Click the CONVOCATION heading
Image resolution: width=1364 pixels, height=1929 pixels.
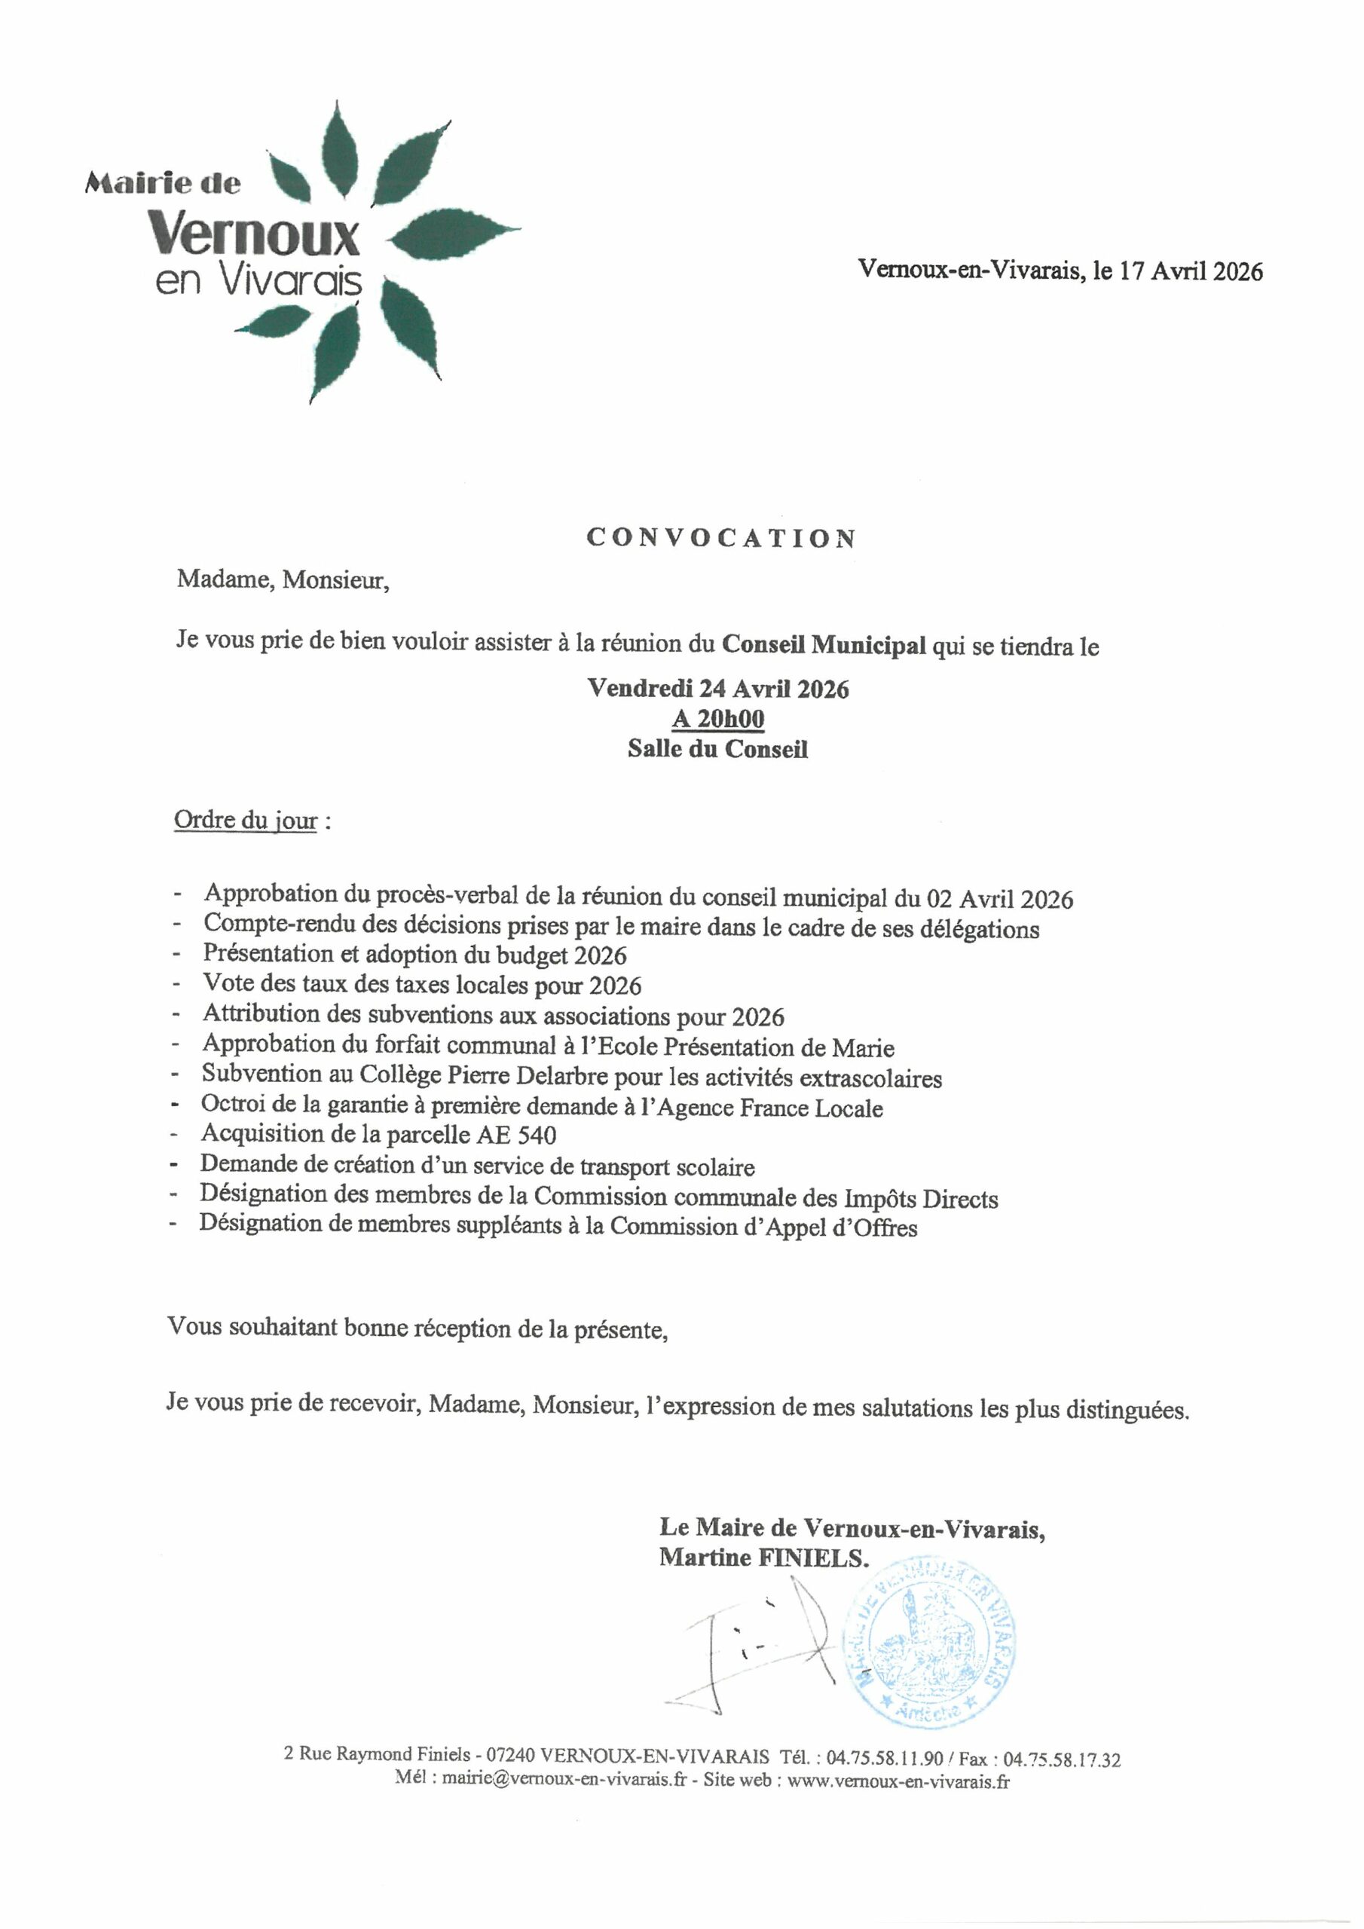(x=721, y=538)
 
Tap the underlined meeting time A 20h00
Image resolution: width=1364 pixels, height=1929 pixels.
(x=717, y=719)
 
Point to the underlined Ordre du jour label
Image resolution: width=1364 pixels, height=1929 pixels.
(x=246, y=820)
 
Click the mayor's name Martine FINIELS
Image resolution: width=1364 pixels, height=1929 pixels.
(x=763, y=1557)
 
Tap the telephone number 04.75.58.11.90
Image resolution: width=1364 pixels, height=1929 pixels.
(x=884, y=1759)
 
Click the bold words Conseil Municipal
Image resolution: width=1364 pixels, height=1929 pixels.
(x=824, y=644)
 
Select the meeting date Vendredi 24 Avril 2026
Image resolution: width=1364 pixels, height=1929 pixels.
(x=717, y=689)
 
